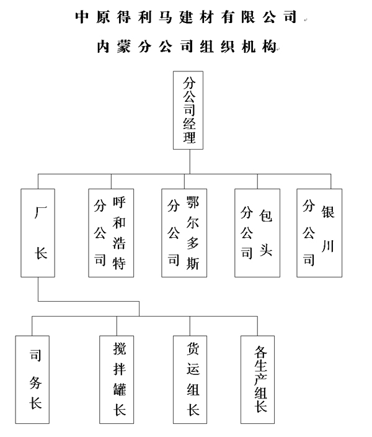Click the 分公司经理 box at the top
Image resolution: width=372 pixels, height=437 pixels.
188,110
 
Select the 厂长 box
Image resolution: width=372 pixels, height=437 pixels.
38,233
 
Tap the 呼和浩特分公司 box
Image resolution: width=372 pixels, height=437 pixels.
111,233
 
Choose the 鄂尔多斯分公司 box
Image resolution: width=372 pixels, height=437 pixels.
184,233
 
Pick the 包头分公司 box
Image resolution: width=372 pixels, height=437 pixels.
257,233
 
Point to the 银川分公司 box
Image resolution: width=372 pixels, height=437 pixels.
319,233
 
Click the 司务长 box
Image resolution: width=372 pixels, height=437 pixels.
32,380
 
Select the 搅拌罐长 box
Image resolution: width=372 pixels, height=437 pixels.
117,380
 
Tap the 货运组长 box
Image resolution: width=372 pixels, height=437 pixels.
190,380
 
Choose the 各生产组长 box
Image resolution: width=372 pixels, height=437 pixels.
257,380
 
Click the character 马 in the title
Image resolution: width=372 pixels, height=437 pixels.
166,17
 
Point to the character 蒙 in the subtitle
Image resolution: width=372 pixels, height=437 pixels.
124,47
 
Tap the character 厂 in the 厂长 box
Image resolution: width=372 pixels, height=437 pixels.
41,212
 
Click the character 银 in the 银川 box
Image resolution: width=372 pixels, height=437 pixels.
328,212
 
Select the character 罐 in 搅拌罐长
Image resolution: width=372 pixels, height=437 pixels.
120,389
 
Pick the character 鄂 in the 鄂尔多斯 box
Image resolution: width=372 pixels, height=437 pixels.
193,202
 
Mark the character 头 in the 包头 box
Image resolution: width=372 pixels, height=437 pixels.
266,250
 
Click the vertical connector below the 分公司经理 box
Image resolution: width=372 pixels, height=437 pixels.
190,162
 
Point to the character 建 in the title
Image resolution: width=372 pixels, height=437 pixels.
186,17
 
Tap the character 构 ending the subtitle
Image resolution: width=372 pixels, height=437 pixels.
269,47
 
